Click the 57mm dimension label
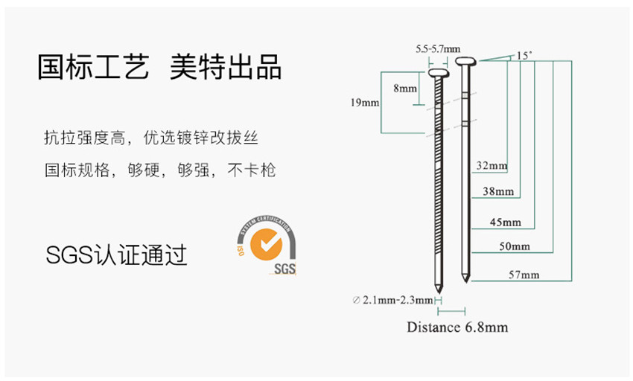[x=524, y=275]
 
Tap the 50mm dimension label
[x=515, y=246]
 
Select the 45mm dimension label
[x=506, y=222]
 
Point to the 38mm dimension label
[x=498, y=191]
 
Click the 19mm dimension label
[x=365, y=102]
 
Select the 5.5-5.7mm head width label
[x=438, y=49]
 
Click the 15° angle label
[x=524, y=55]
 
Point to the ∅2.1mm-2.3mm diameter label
[x=392, y=300]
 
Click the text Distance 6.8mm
[x=457, y=327]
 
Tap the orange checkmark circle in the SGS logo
[x=265, y=244]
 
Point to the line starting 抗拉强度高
[x=151, y=138]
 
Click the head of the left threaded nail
[x=437, y=74]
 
